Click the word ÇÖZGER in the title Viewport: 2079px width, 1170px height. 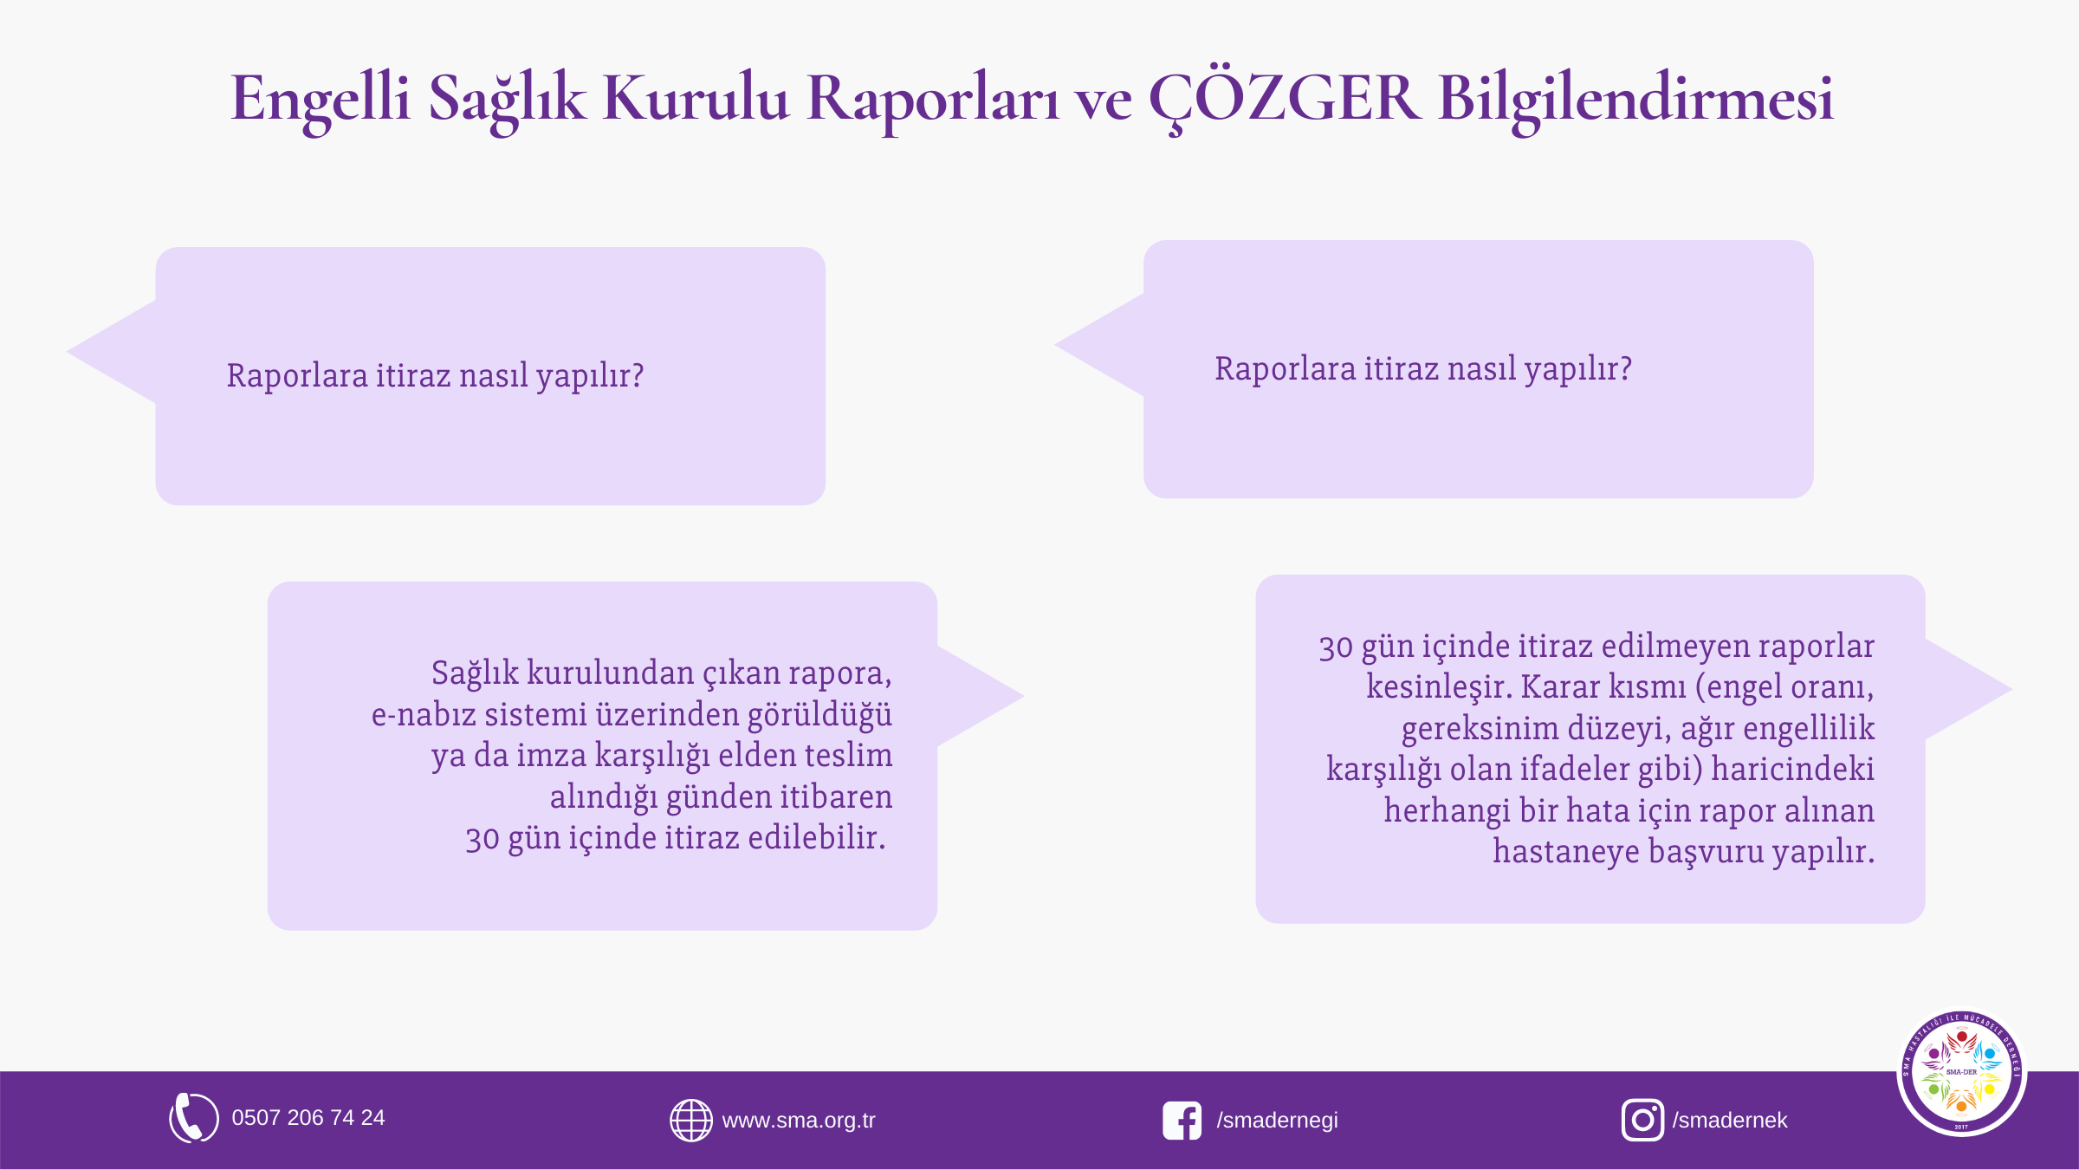pos(1285,97)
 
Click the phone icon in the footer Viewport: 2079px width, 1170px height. pos(193,1118)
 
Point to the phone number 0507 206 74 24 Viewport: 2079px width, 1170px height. pos(308,1118)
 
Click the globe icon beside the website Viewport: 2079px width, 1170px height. pos(691,1121)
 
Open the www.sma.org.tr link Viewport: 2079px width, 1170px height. pos(799,1121)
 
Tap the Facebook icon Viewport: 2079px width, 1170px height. pos(1182,1121)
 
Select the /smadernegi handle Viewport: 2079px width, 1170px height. pos(1278,1121)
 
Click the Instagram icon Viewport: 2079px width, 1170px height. pos(1642,1121)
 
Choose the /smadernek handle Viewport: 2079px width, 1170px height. pos(1730,1121)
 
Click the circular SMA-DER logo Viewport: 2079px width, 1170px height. pos(1961,1072)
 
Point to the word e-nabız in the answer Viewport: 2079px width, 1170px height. pos(424,715)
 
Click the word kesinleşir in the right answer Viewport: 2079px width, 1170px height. pos(1439,687)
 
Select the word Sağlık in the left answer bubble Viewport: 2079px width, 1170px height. pos(475,673)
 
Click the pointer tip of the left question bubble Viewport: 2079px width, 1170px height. pos(68,352)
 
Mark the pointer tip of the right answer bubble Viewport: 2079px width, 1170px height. pos(2011,690)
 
